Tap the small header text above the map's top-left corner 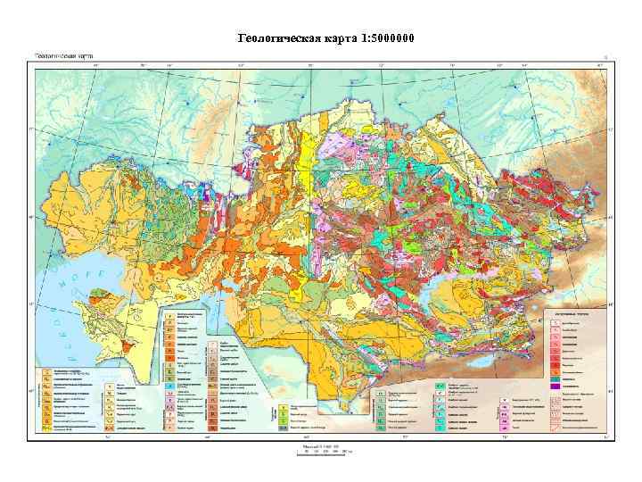(x=64, y=55)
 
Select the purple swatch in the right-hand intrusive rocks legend (x=556, y=388)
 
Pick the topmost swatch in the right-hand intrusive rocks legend (x=556, y=324)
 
